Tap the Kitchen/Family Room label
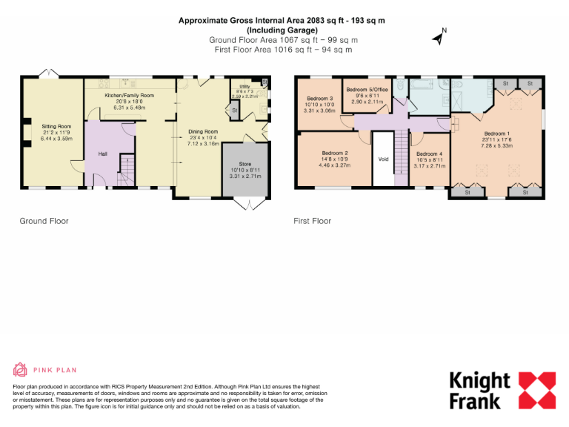pyautogui.click(x=129, y=96)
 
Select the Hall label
pyautogui.click(x=102, y=154)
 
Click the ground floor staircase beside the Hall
pyautogui.click(x=126, y=171)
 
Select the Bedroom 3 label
pyautogui.click(x=320, y=99)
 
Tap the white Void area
pyautogui.click(x=383, y=159)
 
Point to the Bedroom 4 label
pyautogui.click(x=429, y=153)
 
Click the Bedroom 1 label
pyautogui.click(x=497, y=134)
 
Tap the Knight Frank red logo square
pyautogui.click(x=535, y=390)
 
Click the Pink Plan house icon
pyautogui.click(x=21, y=369)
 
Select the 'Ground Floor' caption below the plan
pyautogui.click(x=44, y=221)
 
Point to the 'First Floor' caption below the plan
pyautogui.click(x=312, y=221)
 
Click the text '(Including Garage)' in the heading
pyautogui.click(x=283, y=30)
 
